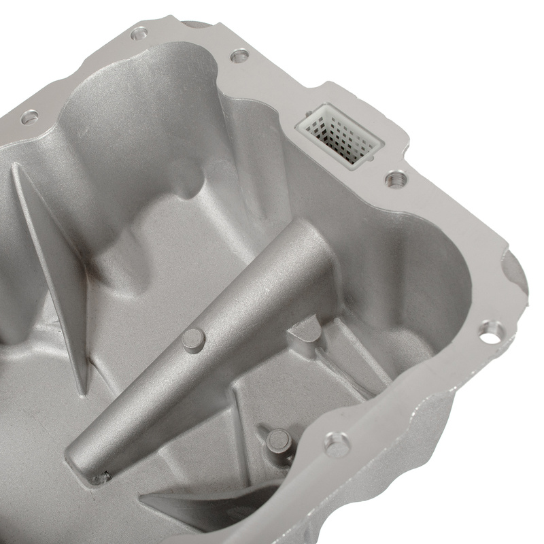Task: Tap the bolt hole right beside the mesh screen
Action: tap(396, 179)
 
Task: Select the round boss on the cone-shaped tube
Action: tap(193, 339)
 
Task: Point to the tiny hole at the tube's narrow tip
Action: tap(101, 477)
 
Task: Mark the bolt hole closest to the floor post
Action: tap(337, 444)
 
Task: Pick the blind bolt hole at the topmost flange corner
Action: tap(140, 32)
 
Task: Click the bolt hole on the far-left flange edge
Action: tap(29, 117)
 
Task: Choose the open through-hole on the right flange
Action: tap(491, 332)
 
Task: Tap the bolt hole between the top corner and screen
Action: tap(239, 56)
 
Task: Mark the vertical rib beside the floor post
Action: tap(238, 422)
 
